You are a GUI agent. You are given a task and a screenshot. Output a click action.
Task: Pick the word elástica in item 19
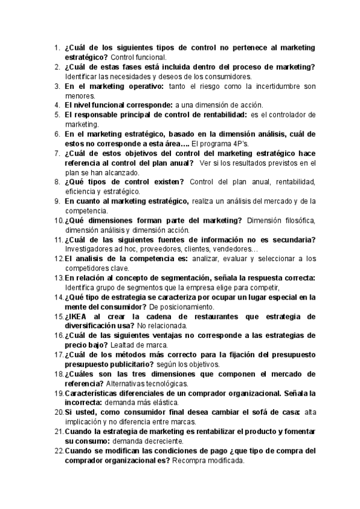point(163,402)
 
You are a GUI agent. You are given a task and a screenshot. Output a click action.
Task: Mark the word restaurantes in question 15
point(184,316)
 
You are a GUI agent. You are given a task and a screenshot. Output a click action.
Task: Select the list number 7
point(58,154)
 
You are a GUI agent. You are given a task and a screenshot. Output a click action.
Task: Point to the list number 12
point(58,259)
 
